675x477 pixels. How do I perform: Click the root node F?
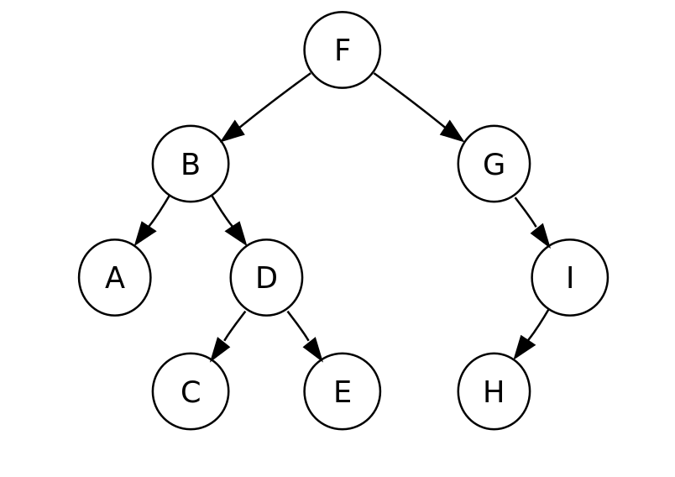tap(343, 50)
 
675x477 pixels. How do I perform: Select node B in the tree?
tap(191, 164)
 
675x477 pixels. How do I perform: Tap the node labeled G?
tap(494, 164)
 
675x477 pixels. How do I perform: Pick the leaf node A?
tap(115, 277)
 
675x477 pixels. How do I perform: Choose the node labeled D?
tap(266, 277)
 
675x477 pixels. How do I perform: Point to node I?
tap(570, 277)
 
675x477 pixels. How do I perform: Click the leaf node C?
tap(191, 391)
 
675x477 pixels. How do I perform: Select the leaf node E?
tap(343, 391)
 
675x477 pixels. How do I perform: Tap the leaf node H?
tap(494, 391)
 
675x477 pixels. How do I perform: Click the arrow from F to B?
tap(265, 107)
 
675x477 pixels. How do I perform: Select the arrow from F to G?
tap(419, 107)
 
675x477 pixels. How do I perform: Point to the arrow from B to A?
tap(152, 220)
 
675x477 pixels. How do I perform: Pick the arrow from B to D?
tap(229, 220)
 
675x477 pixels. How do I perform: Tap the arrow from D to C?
tap(228, 335)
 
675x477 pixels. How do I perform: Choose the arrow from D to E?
tap(306, 335)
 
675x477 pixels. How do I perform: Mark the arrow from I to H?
tap(531, 334)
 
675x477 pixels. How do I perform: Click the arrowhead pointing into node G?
tap(453, 132)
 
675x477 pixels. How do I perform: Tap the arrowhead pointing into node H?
tap(522, 348)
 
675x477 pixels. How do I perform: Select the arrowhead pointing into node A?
tap(144, 234)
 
